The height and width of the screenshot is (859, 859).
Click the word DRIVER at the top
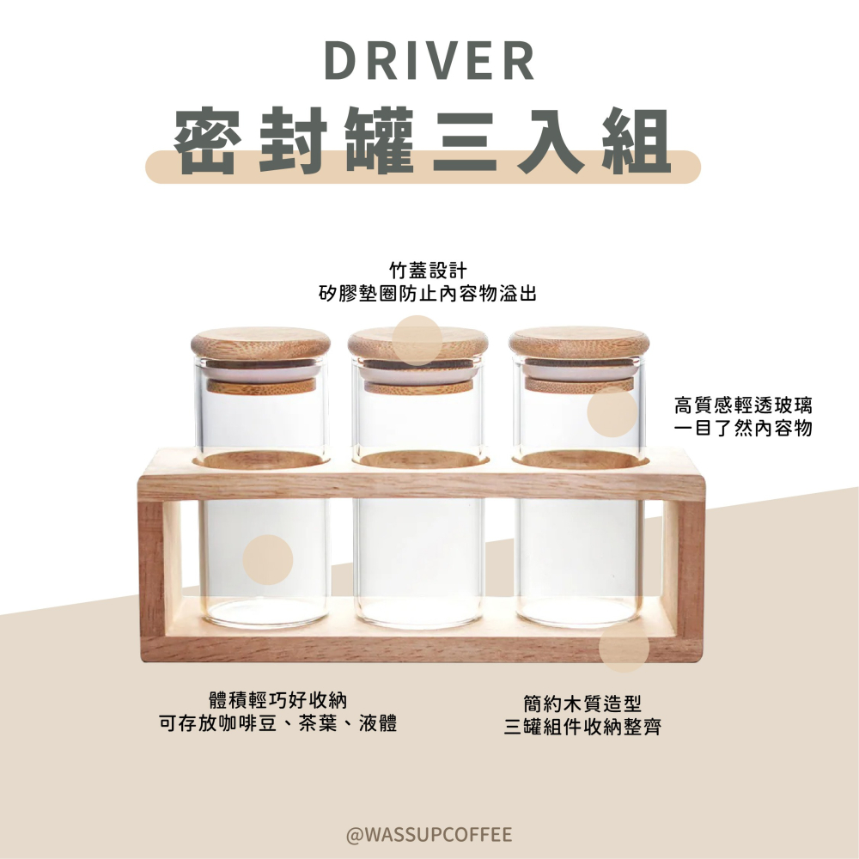click(429, 62)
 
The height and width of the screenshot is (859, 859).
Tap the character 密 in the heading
click(206, 142)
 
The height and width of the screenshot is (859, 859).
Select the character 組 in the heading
click(635, 142)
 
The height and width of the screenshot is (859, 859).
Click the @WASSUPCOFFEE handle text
click(429, 834)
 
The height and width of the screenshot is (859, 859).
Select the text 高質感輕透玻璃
click(744, 405)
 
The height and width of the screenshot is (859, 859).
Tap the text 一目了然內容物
click(744, 428)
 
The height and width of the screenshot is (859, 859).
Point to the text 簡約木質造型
click(582, 704)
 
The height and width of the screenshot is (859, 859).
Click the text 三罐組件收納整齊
click(582, 728)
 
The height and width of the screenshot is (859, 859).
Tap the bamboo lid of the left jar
click(259, 343)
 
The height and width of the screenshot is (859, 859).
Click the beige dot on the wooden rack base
click(624, 648)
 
